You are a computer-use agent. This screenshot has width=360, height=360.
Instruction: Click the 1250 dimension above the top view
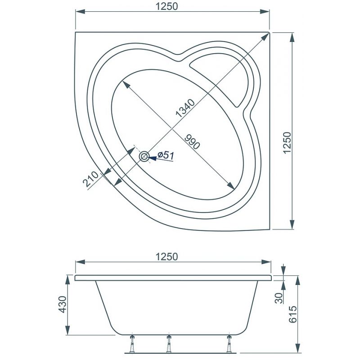[x=166, y=6]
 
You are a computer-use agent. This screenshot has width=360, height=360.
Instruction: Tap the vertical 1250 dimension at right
[x=287, y=143]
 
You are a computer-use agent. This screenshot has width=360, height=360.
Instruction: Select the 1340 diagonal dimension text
[x=185, y=108]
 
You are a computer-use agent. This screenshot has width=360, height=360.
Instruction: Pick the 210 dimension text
[x=90, y=179]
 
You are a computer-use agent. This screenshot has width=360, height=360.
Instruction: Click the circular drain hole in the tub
[x=144, y=157]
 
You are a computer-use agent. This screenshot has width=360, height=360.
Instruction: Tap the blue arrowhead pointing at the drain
[x=153, y=157]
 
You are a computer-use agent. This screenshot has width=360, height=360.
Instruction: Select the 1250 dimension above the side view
[x=166, y=256]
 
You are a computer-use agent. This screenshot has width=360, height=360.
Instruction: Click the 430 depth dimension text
[x=62, y=305]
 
